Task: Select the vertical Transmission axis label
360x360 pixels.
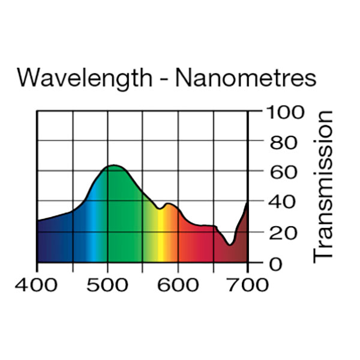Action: [x=323, y=186]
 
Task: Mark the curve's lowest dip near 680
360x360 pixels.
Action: [x=230, y=244]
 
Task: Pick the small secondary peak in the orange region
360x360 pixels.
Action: [x=169, y=204]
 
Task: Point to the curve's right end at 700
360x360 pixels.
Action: [x=247, y=203]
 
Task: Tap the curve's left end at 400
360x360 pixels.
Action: [x=38, y=221]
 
